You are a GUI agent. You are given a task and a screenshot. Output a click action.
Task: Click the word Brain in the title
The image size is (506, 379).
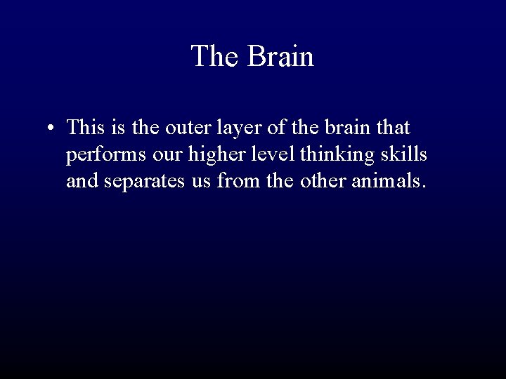[280, 56]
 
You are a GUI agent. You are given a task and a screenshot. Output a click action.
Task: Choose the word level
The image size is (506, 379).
[261, 154]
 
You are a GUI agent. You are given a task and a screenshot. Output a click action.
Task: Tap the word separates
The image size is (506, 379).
[150, 182]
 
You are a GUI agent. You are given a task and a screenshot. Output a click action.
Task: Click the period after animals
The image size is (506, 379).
[423, 187]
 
